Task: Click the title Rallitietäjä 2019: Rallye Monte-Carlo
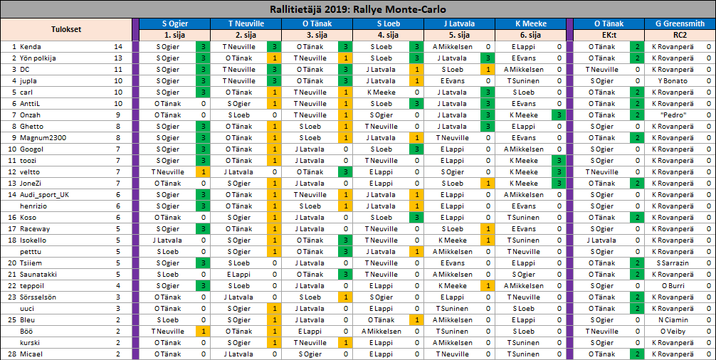tap(357, 9)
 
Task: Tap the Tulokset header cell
tap(66, 29)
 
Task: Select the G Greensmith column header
tap(680, 23)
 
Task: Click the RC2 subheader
tap(680, 35)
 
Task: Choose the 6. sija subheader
tap(530, 35)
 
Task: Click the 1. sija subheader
tap(174, 35)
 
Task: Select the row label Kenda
tap(31, 47)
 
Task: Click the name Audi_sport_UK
tap(45, 195)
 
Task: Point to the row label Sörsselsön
tap(38, 297)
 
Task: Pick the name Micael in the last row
tap(32, 354)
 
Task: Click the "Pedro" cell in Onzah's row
tap(673, 115)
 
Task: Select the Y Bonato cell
tap(673, 81)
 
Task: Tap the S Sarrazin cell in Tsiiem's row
tap(673, 263)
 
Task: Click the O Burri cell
tap(673, 286)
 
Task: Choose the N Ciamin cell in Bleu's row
tap(673, 320)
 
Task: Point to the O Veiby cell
tap(673, 332)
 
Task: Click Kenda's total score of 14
tap(118, 47)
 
